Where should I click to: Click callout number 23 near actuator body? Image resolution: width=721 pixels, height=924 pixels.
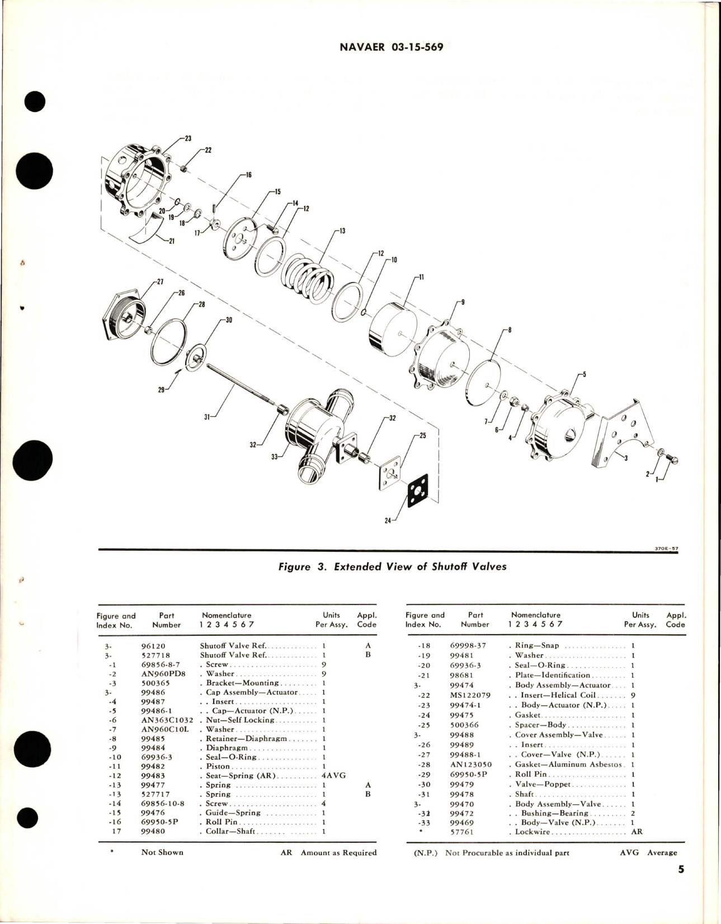tap(188, 138)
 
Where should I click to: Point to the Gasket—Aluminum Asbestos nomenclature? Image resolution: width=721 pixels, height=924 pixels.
tap(568, 764)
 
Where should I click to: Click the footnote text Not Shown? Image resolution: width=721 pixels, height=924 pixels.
tap(162, 852)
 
